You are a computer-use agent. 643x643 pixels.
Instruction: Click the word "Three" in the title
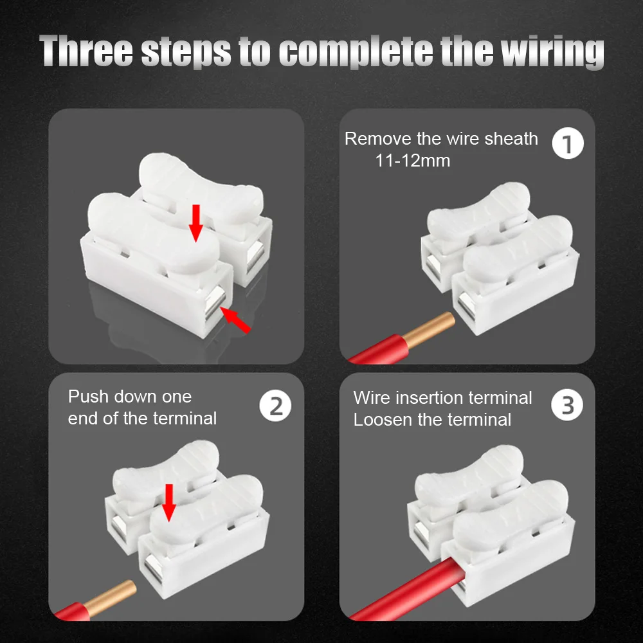coord(86,50)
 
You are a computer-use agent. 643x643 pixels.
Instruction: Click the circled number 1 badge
coord(568,143)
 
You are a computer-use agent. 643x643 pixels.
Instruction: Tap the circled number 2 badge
coord(275,406)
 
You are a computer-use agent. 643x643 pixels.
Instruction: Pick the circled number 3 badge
coord(567,404)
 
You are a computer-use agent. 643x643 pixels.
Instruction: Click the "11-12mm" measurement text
coord(413,160)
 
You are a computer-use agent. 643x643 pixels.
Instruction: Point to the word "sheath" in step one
coord(511,139)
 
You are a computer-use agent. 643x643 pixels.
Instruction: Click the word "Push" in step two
coord(88,397)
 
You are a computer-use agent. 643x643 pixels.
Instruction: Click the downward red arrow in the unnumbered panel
coord(196,223)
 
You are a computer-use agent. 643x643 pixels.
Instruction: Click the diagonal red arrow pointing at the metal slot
coord(236,320)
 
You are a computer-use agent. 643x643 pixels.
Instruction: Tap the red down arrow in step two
coord(168,503)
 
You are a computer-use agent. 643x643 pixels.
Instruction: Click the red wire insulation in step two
coord(73,611)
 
